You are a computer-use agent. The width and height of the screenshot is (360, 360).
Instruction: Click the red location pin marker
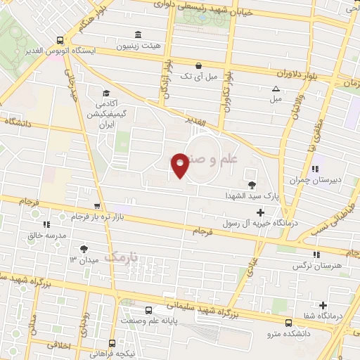181,165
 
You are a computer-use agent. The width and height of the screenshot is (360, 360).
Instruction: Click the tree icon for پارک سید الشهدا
252,185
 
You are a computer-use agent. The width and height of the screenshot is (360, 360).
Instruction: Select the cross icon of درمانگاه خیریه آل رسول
261,212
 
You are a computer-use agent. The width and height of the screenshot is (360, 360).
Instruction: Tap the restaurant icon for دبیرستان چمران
316,169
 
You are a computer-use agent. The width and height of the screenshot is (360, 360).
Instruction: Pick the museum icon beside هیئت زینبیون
136,34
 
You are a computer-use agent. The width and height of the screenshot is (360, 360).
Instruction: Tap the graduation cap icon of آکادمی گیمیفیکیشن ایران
105,93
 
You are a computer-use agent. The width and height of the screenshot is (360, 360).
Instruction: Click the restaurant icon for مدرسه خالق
46,225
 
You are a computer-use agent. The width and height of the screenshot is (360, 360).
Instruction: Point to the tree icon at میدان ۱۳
84,248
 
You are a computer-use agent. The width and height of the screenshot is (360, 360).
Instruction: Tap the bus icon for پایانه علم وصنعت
148,310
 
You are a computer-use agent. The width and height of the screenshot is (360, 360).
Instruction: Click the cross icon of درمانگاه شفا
323,305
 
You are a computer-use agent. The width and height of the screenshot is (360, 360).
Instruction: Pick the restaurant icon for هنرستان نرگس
316,254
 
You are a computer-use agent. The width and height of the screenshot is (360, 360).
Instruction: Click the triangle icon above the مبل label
276,89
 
